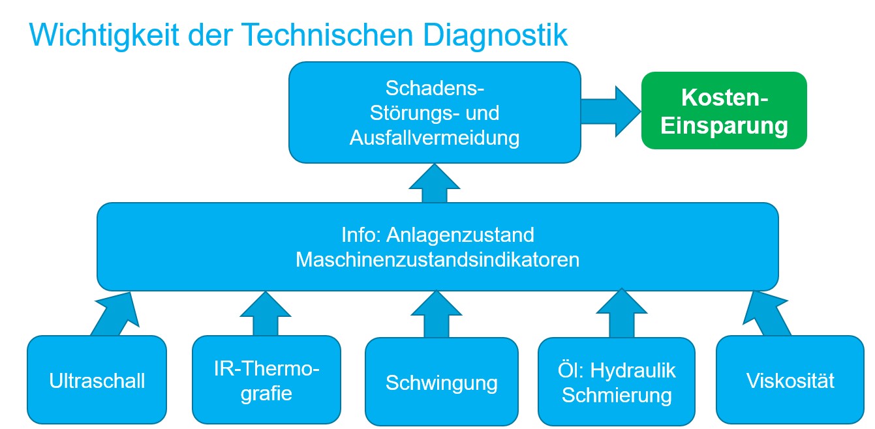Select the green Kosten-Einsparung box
pos(724,111)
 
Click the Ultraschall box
pos(97,380)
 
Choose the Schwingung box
pos(441,381)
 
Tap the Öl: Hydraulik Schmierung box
pos(616,381)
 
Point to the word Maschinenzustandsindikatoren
pos(437,259)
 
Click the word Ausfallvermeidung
pos(435,138)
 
